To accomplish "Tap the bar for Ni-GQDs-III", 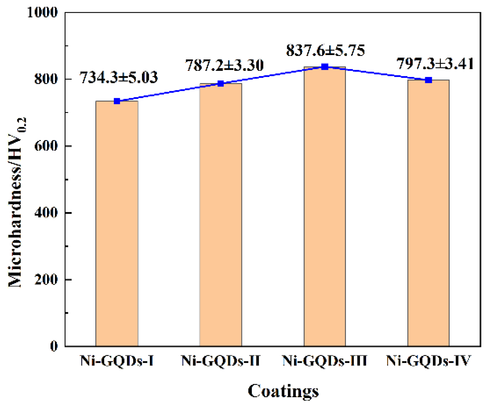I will point(325,206).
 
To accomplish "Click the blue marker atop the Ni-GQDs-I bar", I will point(117,101).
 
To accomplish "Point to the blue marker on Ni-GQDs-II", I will point(221,84).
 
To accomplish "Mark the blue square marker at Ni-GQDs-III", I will point(325,67).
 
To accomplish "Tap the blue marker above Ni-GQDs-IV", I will point(428,80).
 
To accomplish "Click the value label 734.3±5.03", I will point(119,78).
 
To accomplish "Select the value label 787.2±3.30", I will point(224,65).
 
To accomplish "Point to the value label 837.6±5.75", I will point(326,51).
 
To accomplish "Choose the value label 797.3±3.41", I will point(435,64).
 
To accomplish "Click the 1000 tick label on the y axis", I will point(43,13).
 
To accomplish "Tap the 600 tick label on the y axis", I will point(46,146).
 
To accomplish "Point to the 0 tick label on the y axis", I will point(54,346).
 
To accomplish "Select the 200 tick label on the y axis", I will point(46,279).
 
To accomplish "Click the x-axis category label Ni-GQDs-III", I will point(325,361).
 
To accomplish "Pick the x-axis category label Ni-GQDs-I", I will point(117,361).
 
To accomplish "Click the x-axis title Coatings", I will point(283,391).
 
